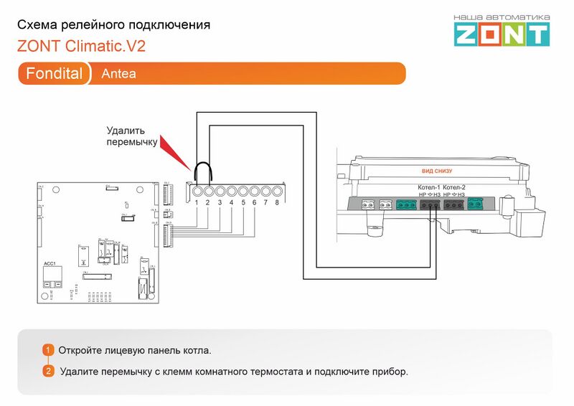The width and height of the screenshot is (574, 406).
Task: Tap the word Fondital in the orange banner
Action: pos(54,74)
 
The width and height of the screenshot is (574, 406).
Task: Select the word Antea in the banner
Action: pos(118,74)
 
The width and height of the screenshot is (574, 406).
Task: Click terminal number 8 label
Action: pos(277,203)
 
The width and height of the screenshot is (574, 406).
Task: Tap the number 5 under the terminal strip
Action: pos(243,203)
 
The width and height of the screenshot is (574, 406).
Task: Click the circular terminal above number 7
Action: pos(265,192)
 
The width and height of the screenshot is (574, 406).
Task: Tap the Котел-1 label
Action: pos(429,187)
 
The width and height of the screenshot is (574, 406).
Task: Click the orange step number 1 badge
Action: pos(48,350)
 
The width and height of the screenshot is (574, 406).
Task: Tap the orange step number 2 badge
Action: pos(48,372)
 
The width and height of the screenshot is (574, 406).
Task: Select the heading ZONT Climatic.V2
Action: pos(81,47)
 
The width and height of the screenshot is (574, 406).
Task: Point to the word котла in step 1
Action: pos(197,351)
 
